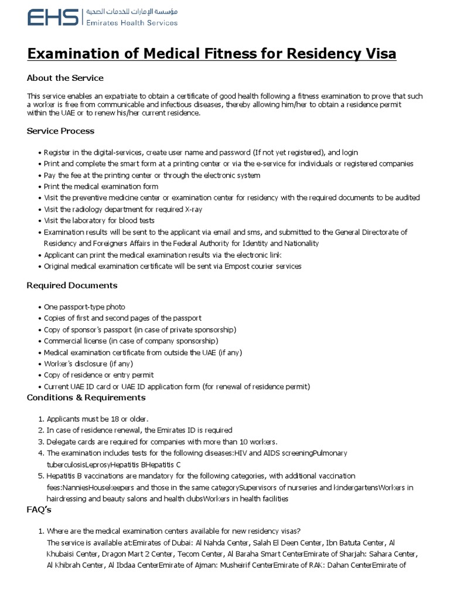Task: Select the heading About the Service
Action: pyautogui.click(x=65, y=78)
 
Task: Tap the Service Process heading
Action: pyautogui.click(x=60, y=131)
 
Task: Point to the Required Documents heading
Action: pyautogui.click(x=72, y=285)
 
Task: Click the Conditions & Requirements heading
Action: pyautogui.click(x=86, y=397)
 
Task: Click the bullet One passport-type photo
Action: pyautogui.click(x=84, y=307)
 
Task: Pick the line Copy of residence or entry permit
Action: pyautogui.click(x=98, y=375)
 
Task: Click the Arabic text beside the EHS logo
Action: pyautogui.click(x=131, y=11)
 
